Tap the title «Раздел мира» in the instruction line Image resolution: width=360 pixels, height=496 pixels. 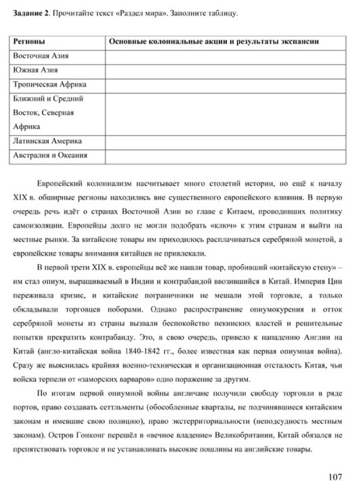pos(138,13)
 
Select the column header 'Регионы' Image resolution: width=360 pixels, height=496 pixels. pos(29,42)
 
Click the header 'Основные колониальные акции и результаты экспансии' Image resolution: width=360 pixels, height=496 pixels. pos(213,42)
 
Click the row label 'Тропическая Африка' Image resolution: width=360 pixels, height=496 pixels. pos(49,84)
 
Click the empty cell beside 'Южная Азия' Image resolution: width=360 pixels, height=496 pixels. pos(225,71)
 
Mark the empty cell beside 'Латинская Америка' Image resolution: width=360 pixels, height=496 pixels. pos(225,141)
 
